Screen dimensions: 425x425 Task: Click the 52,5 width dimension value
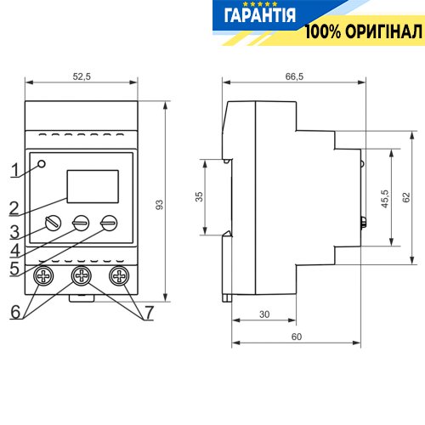click(82, 76)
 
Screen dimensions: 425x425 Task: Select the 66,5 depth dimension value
click(294, 76)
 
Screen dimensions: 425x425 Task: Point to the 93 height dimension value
click(160, 205)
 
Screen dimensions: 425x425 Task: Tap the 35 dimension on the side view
click(200, 196)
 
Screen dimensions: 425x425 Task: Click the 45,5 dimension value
click(385, 199)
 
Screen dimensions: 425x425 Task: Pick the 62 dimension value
click(406, 197)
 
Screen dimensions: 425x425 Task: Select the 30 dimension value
click(264, 314)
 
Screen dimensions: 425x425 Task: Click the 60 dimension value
click(297, 337)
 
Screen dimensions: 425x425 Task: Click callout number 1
click(14, 170)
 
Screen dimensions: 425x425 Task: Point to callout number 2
click(14, 208)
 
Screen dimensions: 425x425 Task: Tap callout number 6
click(15, 312)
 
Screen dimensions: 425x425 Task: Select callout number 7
click(150, 312)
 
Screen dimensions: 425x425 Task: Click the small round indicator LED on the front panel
click(42, 164)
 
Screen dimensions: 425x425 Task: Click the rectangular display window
click(93, 186)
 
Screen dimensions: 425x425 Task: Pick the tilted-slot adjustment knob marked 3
click(53, 223)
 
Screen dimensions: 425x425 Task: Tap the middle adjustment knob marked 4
click(81, 223)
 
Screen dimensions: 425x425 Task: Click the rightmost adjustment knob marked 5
click(109, 223)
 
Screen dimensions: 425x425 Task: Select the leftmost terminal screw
click(43, 275)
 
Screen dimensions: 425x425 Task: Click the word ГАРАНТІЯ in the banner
click(259, 15)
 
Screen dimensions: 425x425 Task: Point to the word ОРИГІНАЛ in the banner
click(384, 31)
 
